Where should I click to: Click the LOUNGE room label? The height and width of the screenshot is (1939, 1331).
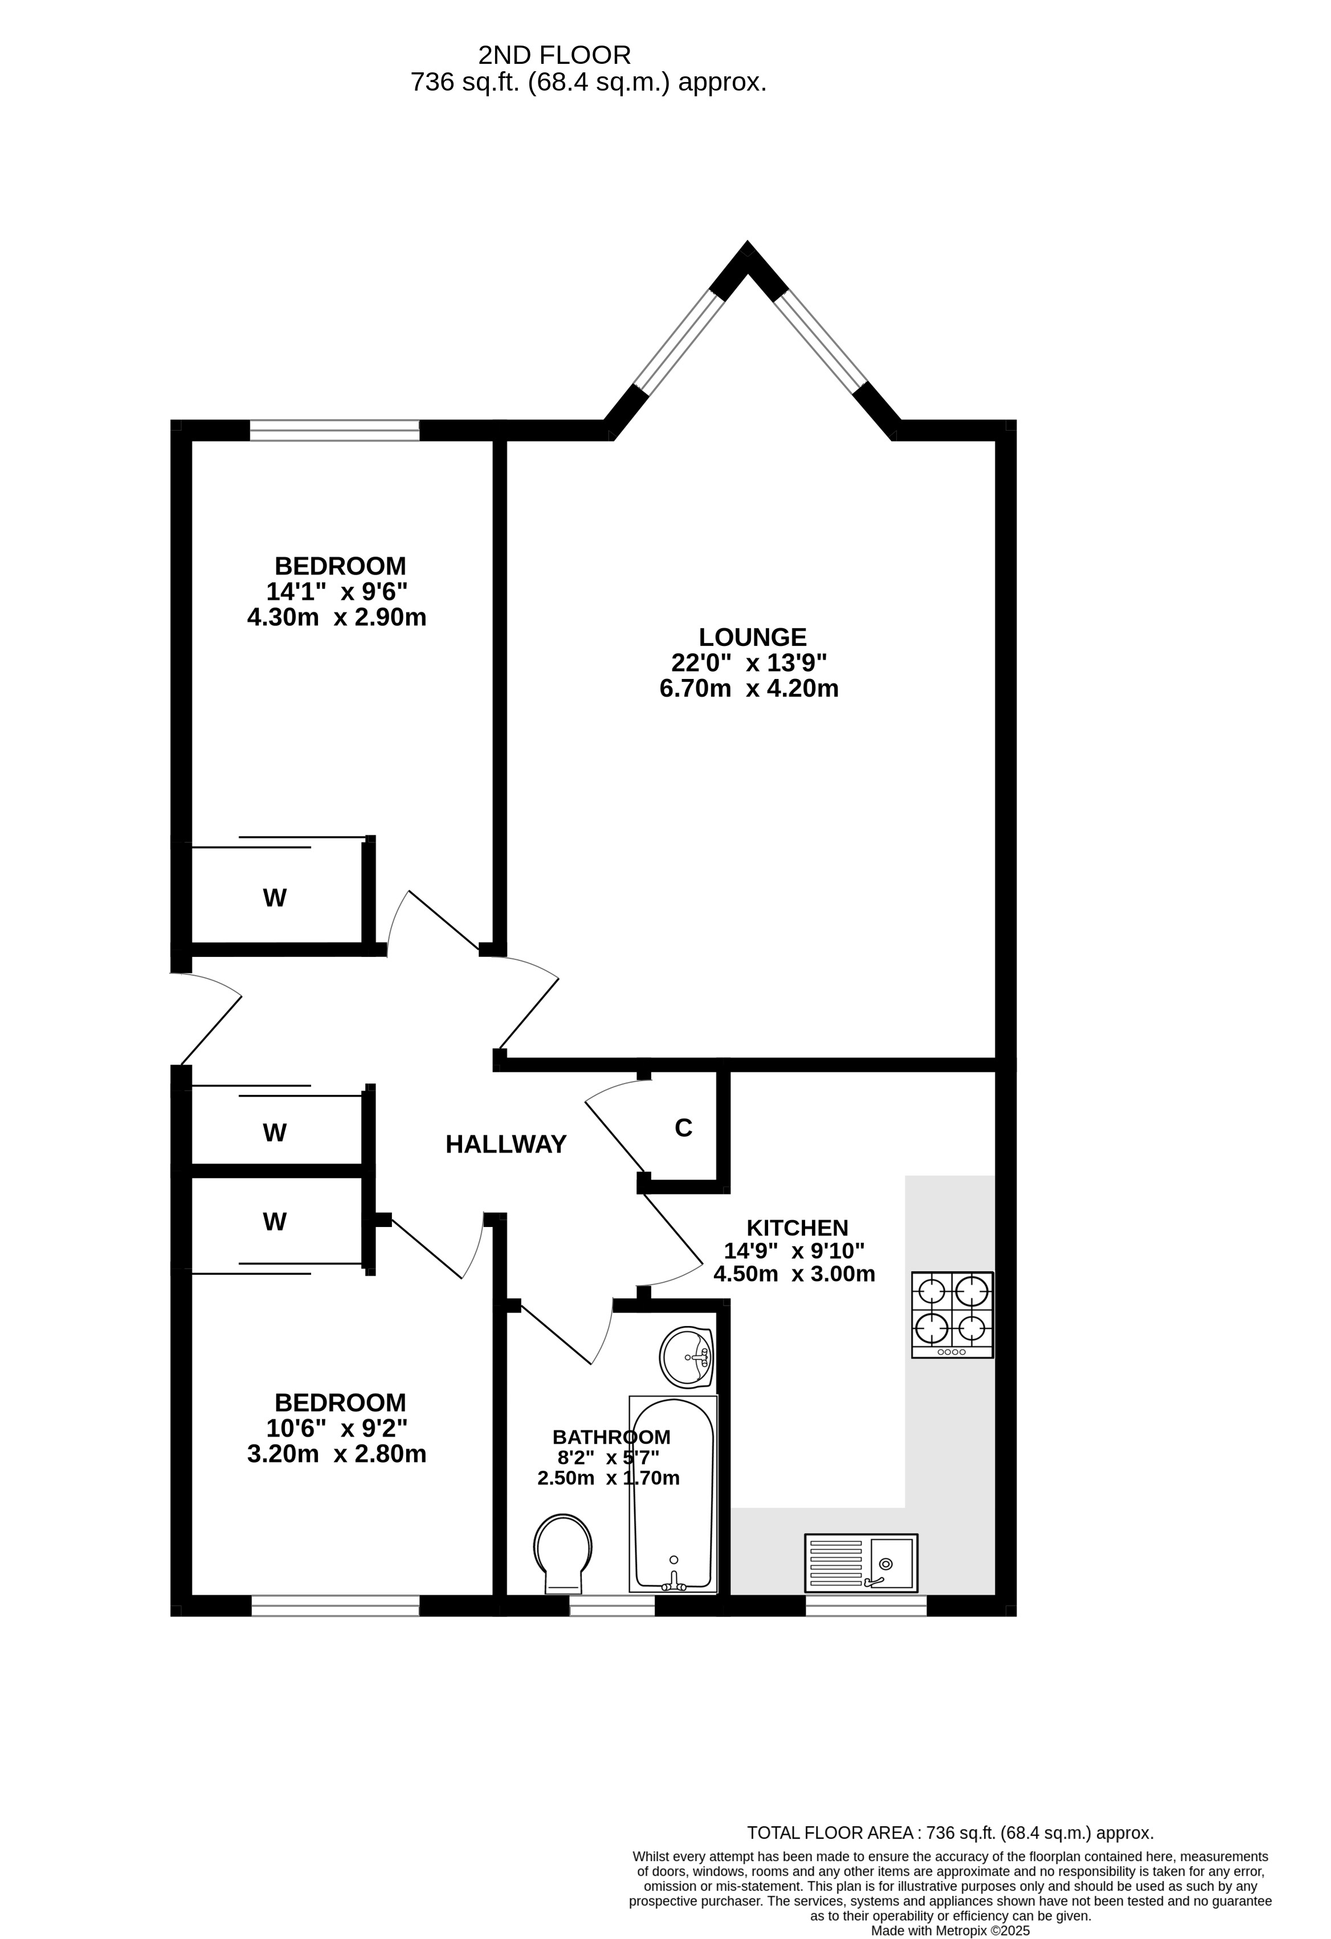click(752, 637)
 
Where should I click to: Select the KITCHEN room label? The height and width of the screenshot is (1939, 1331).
click(797, 1228)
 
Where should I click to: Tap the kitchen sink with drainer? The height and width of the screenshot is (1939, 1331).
click(861, 1562)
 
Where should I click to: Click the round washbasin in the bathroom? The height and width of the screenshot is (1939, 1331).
click(686, 1357)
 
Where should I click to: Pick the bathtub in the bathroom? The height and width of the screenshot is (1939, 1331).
click(673, 1494)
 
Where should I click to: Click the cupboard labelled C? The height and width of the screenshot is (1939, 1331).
click(683, 1127)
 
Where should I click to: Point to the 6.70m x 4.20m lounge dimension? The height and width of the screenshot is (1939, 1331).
click(749, 688)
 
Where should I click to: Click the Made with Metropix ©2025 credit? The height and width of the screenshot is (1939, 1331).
click(950, 1930)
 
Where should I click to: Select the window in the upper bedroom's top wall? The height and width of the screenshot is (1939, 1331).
click(334, 431)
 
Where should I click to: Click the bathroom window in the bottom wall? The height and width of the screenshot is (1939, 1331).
click(612, 1605)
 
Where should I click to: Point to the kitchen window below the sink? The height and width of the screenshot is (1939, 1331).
click(865, 1605)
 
